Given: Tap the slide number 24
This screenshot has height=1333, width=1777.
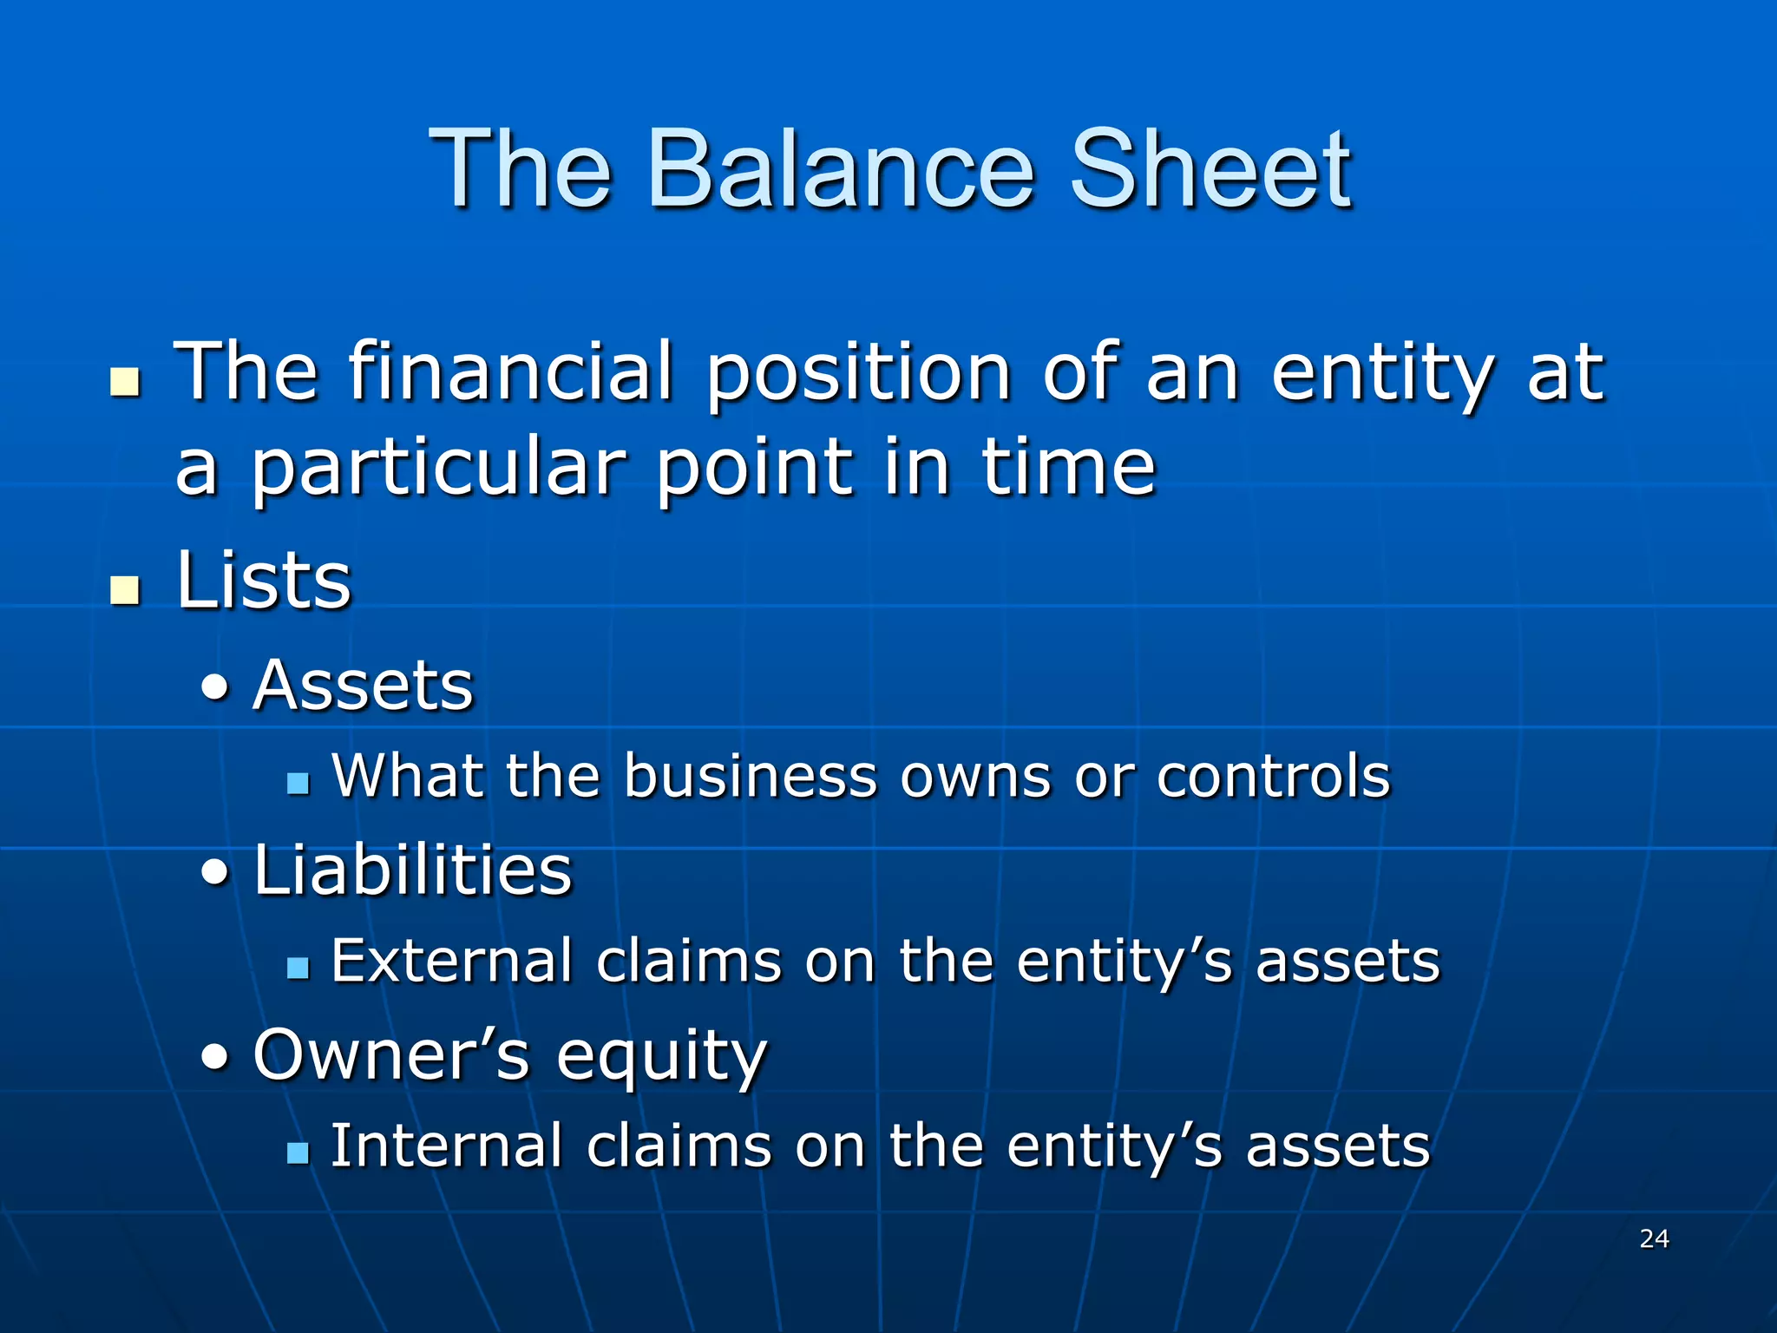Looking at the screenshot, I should pos(1654,1238).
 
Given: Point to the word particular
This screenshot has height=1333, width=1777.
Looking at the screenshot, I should pos(437,469).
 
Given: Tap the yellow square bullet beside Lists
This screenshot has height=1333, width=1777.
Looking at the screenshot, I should pos(125,589).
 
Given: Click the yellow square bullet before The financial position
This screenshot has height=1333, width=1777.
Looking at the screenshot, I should pos(125,382).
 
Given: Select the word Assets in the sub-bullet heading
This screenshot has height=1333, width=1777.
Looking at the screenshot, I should pos(363,686).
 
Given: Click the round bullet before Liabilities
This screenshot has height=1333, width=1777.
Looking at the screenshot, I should pos(215,871).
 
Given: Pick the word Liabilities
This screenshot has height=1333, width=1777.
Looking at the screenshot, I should pos(413,870).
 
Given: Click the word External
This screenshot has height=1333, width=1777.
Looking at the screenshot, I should pos(451,962).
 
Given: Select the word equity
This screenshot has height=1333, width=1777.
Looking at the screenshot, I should pos(661,1058).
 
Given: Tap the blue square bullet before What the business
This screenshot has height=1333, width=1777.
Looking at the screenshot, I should pos(298,784).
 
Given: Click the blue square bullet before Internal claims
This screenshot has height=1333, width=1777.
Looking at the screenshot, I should pos(298,1153).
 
